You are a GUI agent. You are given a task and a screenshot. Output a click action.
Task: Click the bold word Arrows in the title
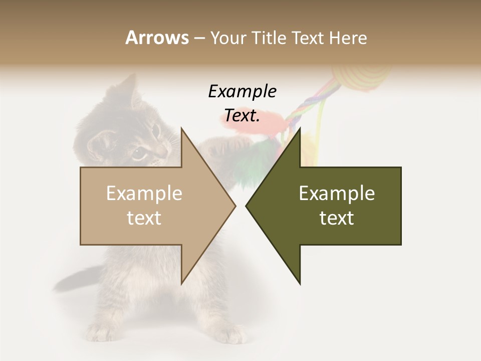pyautogui.click(x=157, y=38)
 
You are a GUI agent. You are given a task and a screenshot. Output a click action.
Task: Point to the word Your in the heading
pyautogui.click(x=228, y=38)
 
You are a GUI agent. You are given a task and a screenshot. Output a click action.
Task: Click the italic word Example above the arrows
pyautogui.click(x=242, y=92)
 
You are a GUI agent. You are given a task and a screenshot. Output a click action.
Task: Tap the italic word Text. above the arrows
pyautogui.click(x=242, y=116)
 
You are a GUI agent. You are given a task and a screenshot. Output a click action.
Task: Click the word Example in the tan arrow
pyautogui.click(x=144, y=194)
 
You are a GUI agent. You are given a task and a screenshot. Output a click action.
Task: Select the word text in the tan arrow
pyautogui.click(x=144, y=218)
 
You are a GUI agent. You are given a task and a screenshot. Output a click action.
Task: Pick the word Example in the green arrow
pyautogui.click(x=337, y=194)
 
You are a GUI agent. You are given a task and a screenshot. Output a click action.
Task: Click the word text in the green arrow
pyautogui.click(x=337, y=218)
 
